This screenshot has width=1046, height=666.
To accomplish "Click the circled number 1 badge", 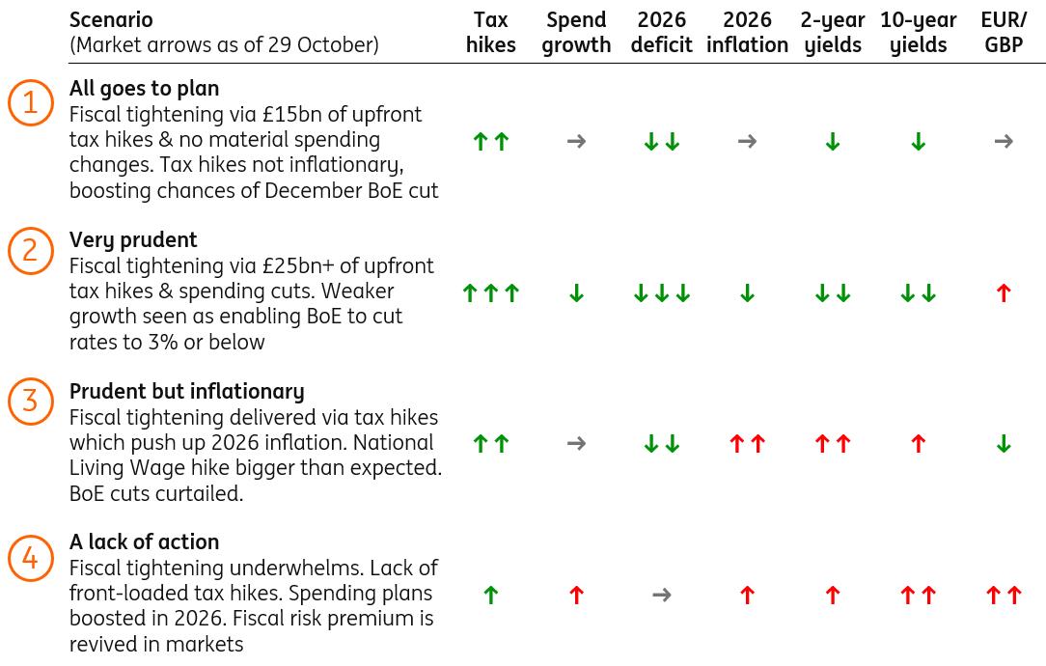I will coord(30,102).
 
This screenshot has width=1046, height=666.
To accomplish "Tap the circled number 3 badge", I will coord(30,401).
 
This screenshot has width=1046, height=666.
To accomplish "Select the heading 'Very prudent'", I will coord(133,239).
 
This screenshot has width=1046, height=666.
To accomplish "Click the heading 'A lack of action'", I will coord(144,541).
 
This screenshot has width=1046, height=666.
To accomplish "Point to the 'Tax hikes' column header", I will coord(490,32).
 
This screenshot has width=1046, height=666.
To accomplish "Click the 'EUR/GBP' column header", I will coord(1004,32).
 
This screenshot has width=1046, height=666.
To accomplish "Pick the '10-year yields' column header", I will coord(918,32).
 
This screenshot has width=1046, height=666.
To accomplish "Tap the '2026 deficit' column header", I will coord(662,32).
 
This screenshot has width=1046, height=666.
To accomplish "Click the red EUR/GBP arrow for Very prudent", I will coord(1004,293).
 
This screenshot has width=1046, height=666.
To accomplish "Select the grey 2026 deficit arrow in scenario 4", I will coord(662,596).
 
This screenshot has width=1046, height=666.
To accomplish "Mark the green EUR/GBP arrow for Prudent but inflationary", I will coord(1004,444).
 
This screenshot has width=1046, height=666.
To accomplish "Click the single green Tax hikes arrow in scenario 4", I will coord(490,596).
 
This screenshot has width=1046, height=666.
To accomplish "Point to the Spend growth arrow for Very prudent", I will coord(576,293).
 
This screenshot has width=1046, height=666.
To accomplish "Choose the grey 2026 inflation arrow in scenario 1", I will coord(747,142).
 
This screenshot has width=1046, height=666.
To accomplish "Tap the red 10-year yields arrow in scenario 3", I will coord(918,444).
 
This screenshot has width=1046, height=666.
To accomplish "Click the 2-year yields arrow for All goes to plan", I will coord(833,143).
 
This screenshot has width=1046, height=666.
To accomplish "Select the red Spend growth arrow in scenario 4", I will coord(576,596).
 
